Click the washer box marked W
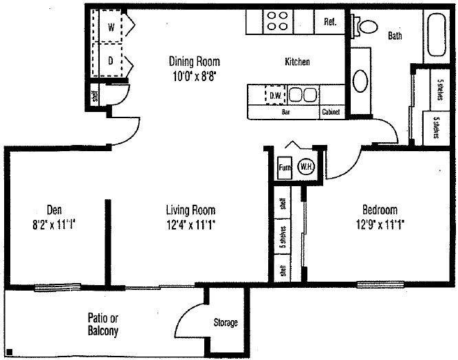pos(111,28)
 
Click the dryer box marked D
pos(111,60)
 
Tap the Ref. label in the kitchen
pos(329,22)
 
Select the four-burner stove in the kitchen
pos(277,21)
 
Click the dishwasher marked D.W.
pos(274,95)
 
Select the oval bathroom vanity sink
pos(361,80)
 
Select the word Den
pos(55,210)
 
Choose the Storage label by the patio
pos(225,322)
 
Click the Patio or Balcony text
pos(103,324)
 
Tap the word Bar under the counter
pos(285,112)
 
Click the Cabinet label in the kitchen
pos(330,112)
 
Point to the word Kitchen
pos(297,62)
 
